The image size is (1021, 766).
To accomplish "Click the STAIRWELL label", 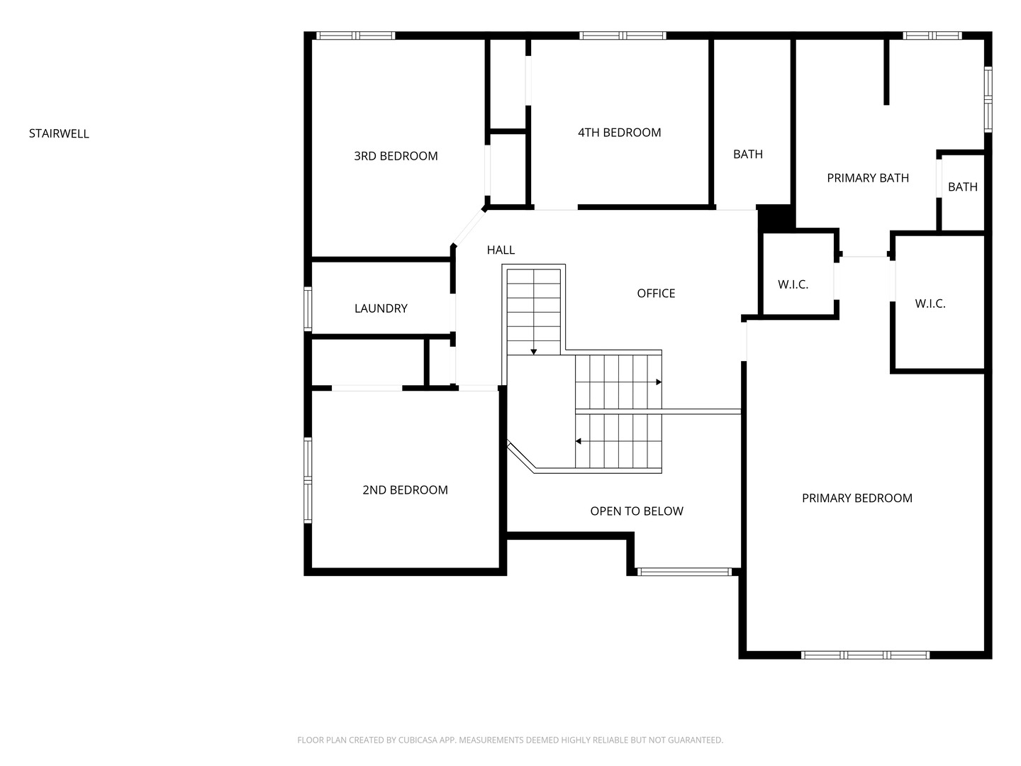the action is (59, 133).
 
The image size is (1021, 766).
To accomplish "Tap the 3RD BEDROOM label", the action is (396, 156).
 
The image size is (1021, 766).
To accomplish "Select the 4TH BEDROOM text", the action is (619, 133).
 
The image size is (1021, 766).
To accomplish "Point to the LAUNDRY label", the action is (381, 309).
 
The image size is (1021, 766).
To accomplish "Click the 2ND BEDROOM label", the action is (405, 489).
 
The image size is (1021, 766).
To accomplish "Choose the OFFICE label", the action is (656, 294).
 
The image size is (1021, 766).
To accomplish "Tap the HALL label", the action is (501, 250).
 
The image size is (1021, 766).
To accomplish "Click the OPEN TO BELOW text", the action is (637, 511).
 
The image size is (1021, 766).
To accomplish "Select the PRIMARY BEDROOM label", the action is (857, 498).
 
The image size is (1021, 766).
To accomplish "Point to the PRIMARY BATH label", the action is (868, 178).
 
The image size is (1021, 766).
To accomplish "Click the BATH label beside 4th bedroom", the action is (748, 155).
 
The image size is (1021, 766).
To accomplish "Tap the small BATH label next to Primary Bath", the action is (962, 187).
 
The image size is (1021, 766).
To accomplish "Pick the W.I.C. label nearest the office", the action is (793, 284).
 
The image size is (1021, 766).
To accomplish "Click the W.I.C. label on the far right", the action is (930, 304).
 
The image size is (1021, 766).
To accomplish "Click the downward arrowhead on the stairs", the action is (533, 352).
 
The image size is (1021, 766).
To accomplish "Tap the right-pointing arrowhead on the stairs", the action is (659, 382).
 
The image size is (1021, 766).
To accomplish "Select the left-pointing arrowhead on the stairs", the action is (578, 441).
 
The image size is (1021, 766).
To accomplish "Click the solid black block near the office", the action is (776, 218).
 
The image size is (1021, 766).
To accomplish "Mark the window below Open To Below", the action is (684, 572).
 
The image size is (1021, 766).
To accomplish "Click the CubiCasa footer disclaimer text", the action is (510, 740).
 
